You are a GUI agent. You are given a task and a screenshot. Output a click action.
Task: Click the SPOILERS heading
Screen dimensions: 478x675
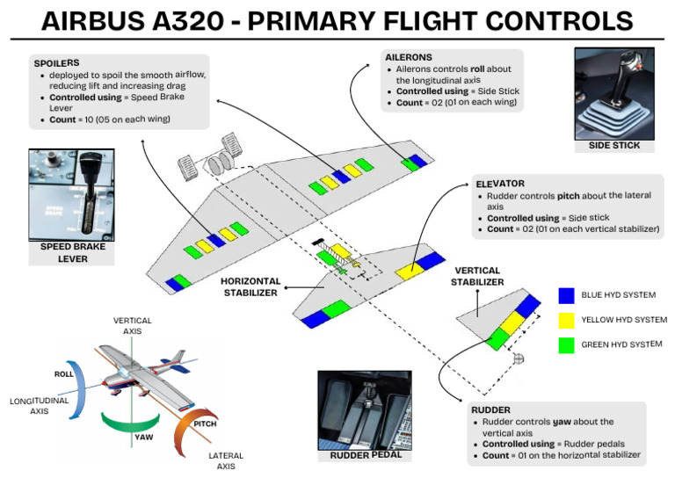57,63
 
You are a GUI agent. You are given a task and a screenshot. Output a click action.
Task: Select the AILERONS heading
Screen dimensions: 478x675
408,57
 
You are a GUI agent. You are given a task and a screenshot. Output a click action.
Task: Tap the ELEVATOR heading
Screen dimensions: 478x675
500,184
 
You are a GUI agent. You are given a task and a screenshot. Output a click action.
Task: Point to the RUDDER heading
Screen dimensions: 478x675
490,410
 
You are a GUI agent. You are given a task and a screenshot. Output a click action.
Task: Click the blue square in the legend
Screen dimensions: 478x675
567,294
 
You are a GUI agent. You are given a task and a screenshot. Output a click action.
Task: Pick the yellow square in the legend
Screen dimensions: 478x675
567,320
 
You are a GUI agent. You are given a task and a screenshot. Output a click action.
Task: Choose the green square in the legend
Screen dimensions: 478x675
567,344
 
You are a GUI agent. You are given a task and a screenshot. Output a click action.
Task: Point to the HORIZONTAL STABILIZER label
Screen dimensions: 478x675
250,286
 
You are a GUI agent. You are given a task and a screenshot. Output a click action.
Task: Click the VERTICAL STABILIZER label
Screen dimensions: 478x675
479,276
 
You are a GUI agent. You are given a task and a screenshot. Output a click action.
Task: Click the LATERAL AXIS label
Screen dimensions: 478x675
226,460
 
